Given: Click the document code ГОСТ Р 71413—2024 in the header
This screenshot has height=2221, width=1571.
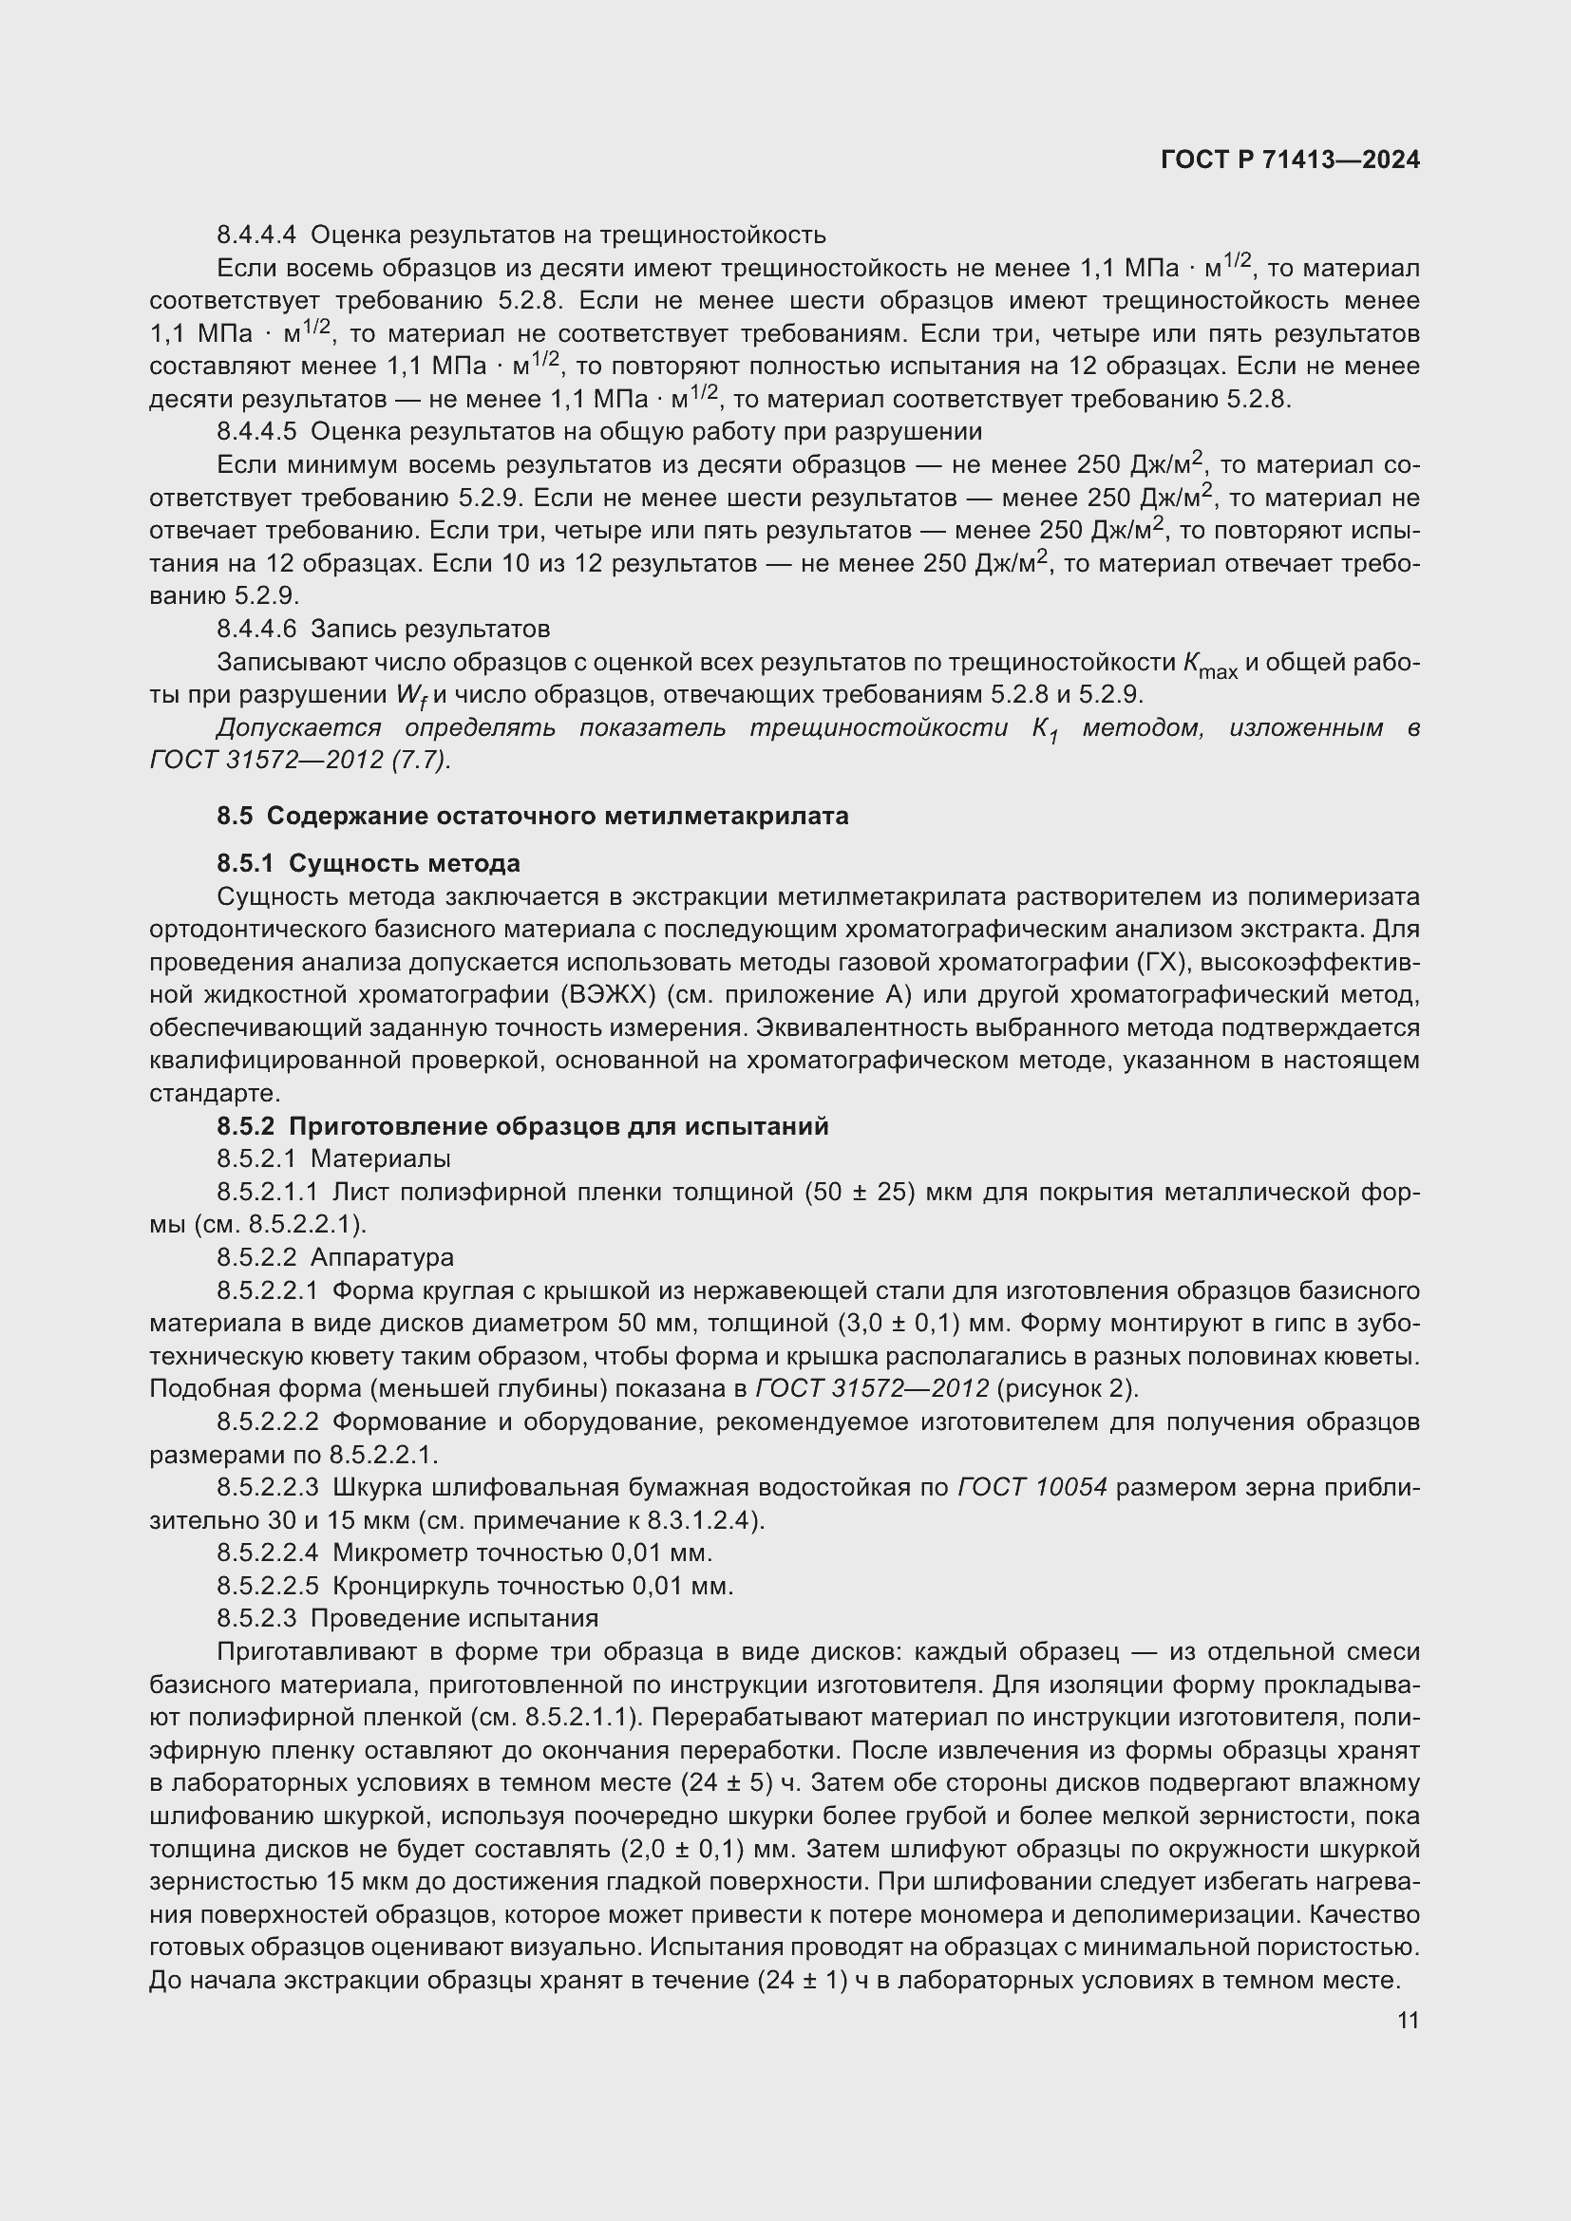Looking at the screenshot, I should click(1290, 160).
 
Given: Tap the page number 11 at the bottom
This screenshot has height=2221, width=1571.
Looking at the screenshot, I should click(1408, 2020).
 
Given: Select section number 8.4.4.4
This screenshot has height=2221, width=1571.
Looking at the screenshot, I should click(256, 235).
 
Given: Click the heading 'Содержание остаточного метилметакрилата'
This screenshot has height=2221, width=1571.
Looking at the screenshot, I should click(558, 816).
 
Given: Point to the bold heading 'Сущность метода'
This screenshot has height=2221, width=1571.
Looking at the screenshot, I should click(405, 863).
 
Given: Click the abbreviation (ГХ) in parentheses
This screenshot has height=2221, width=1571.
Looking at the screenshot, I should click(1158, 962).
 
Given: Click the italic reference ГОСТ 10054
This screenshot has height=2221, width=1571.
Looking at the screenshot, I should click(1032, 1487).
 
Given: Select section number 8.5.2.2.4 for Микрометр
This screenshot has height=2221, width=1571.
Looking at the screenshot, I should click(268, 1553).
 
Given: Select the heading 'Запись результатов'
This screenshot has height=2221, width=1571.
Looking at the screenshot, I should click(429, 629).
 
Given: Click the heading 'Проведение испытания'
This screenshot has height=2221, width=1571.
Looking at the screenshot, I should click(454, 1618).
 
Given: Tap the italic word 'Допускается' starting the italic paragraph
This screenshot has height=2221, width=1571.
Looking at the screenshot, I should click(299, 728).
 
